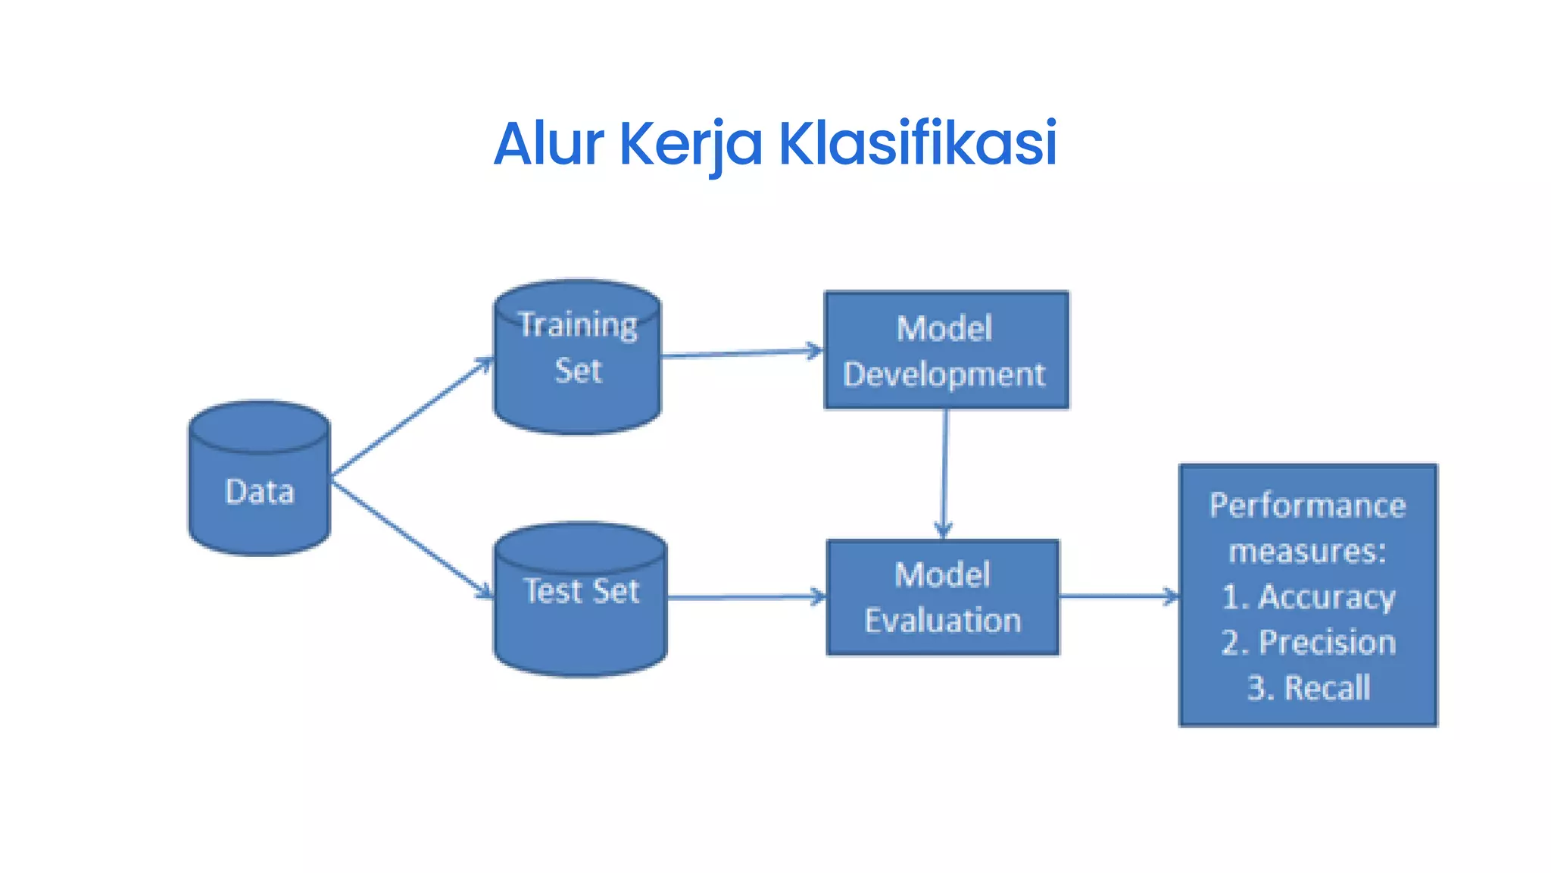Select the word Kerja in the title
click(x=691, y=144)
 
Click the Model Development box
click(x=946, y=351)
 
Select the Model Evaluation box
click(x=942, y=597)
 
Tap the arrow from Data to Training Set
click(x=412, y=417)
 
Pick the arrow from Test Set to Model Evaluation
click(x=746, y=597)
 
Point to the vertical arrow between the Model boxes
click(x=944, y=474)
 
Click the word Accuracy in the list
click(x=1326, y=597)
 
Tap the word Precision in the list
click(x=1327, y=643)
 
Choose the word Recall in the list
click(x=1327, y=688)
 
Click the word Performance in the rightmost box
click(x=1307, y=505)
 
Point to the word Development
click(x=944, y=375)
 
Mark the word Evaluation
click(x=943, y=621)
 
